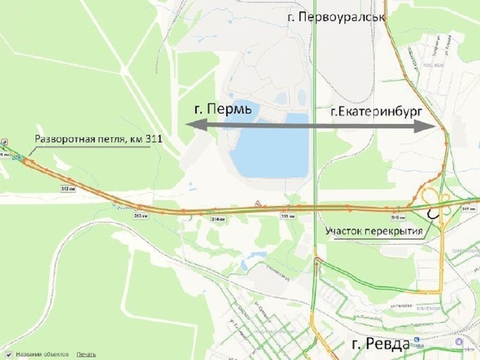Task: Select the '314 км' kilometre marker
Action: (219, 219)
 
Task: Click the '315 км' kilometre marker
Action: (287, 216)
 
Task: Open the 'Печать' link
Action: (86, 354)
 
